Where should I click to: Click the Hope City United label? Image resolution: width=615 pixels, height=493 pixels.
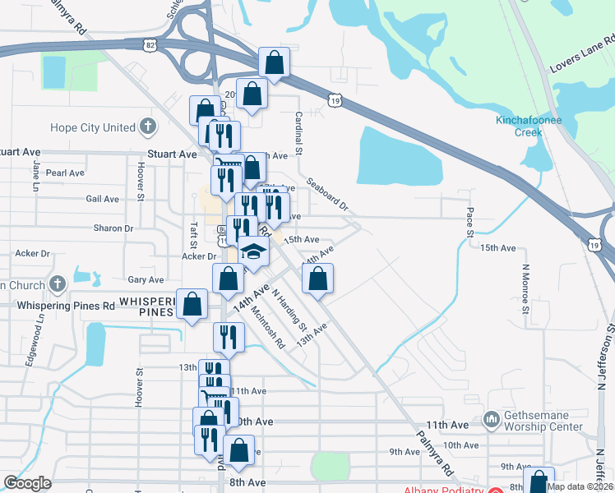point(92,127)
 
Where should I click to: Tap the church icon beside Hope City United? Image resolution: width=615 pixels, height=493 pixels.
point(147,127)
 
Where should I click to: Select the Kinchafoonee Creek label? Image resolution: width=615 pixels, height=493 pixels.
point(530,126)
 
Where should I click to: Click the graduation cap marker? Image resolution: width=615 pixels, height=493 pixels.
point(254,252)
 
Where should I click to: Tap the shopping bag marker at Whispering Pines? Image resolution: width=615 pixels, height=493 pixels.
point(192,304)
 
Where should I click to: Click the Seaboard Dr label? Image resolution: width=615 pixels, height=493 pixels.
point(327,194)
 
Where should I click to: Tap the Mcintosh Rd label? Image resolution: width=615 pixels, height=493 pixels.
point(268,326)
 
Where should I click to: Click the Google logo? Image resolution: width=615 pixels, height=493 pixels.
point(27,483)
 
